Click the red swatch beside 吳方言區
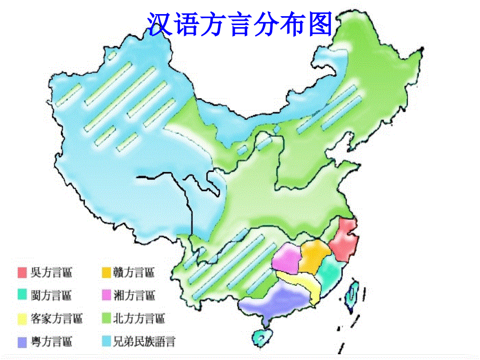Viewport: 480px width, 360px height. coord(22,272)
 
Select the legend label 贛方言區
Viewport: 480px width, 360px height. coord(134,272)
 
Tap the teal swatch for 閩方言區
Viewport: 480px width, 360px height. coord(22,295)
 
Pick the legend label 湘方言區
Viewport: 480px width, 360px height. coord(134,295)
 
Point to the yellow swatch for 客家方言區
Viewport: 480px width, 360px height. coord(22,318)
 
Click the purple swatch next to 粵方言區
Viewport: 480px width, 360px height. coord(22,341)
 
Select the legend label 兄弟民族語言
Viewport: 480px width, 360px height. coord(145,342)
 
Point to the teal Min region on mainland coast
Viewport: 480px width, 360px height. coord(329,271)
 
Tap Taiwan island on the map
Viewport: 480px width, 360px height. coord(353,293)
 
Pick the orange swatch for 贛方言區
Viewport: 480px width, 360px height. coord(106,272)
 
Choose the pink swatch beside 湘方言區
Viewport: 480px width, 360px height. coord(106,295)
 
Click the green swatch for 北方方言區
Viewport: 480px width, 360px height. coord(106,318)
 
